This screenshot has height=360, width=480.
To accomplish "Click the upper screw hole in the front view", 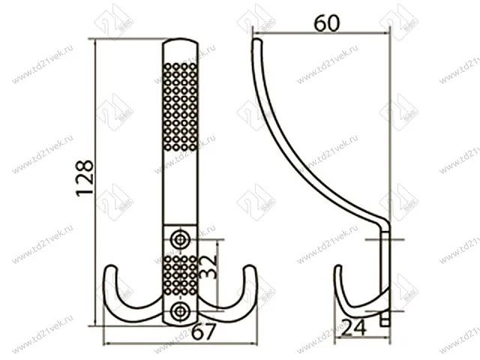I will click(180, 239).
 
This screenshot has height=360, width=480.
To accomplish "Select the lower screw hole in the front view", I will click(180, 311).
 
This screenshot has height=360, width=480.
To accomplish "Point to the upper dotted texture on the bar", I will click(180, 105).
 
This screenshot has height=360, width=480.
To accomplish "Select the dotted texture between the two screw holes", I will click(180, 275).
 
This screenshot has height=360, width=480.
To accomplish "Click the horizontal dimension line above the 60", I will click(322, 34).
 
